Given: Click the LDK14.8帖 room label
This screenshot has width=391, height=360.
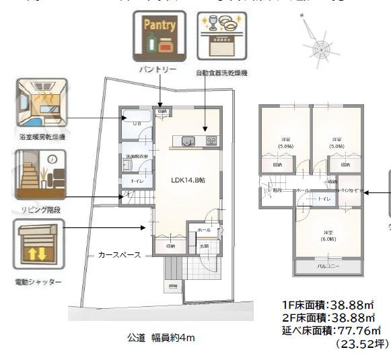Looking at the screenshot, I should pyautogui.click(x=188, y=180).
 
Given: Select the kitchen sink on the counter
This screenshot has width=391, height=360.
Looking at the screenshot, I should pyautogui.click(x=187, y=141).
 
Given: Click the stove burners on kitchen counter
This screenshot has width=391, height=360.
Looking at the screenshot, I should pyautogui.click(x=211, y=141).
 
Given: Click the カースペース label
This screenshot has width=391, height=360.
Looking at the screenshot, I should pyautogui.click(x=119, y=255).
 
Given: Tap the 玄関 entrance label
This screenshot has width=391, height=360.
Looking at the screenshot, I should pyautogui.click(x=204, y=246).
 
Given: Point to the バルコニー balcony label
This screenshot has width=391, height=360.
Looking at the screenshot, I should pyautogui.click(x=328, y=266).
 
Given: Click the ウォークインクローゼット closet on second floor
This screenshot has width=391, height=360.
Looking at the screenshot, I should pyautogui.click(x=349, y=191).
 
